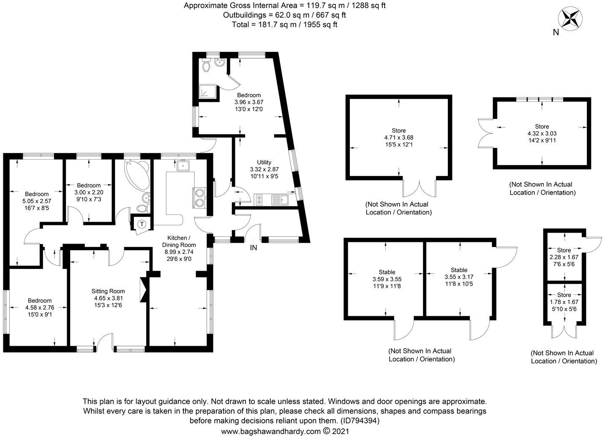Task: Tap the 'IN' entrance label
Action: pyautogui.click(x=253, y=248)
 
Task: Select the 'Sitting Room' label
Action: pyautogui.click(x=108, y=291)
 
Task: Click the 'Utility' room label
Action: pyautogui.click(x=264, y=162)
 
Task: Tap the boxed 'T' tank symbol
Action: pyautogui.click(x=142, y=224)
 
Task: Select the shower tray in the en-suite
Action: pyautogui.click(x=207, y=92)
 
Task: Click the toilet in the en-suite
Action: pyautogui.click(x=207, y=66)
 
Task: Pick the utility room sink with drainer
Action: pyautogui.click(x=279, y=199)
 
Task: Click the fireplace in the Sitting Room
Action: pyautogui.click(x=144, y=290)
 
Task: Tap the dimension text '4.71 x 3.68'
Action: pyautogui.click(x=398, y=138)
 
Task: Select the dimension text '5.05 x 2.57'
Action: pyautogui.click(x=36, y=201)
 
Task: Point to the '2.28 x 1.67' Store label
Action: pyautogui.click(x=564, y=257)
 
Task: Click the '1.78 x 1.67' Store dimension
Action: pyautogui.click(x=564, y=302)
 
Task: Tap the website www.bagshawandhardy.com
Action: pyautogui.click(x=271, y=432)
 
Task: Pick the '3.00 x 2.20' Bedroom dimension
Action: pyautogui.click(x=89, y=192)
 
